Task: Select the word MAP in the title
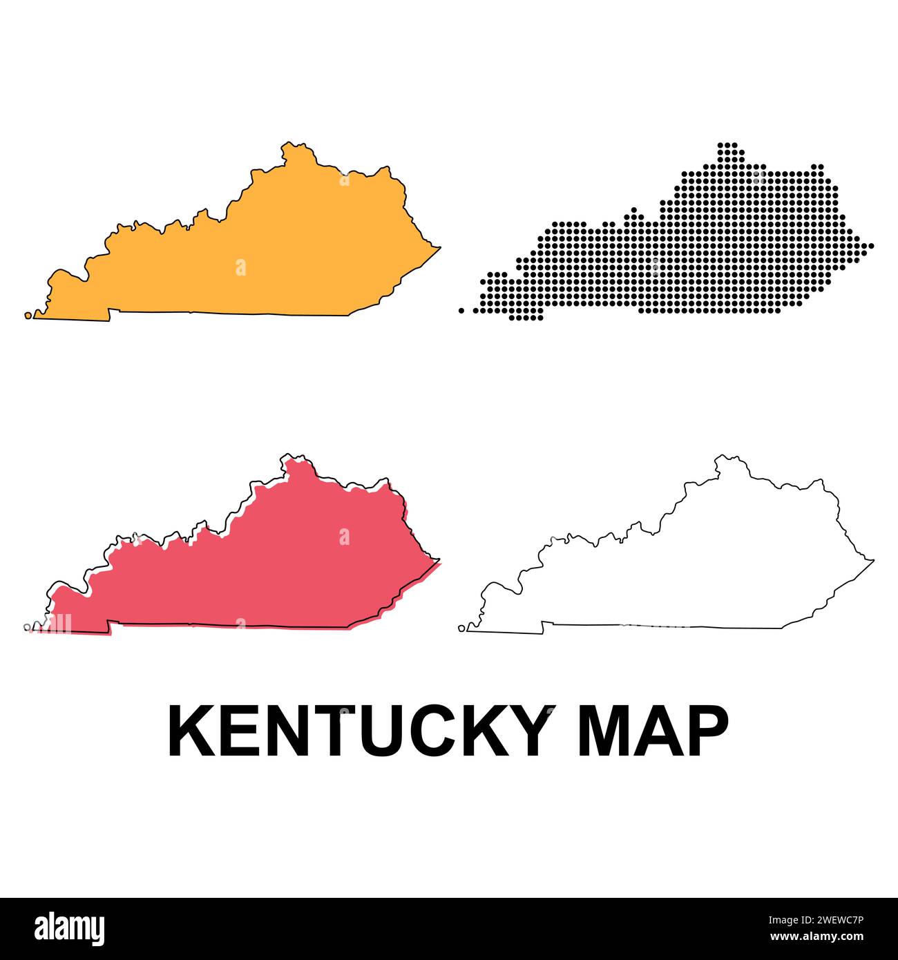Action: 653,731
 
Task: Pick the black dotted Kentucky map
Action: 691,256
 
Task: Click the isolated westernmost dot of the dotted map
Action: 461,310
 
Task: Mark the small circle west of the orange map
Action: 28,315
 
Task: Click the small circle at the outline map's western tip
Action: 462,628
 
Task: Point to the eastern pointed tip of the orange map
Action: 439,247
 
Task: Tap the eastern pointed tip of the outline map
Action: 873,561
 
